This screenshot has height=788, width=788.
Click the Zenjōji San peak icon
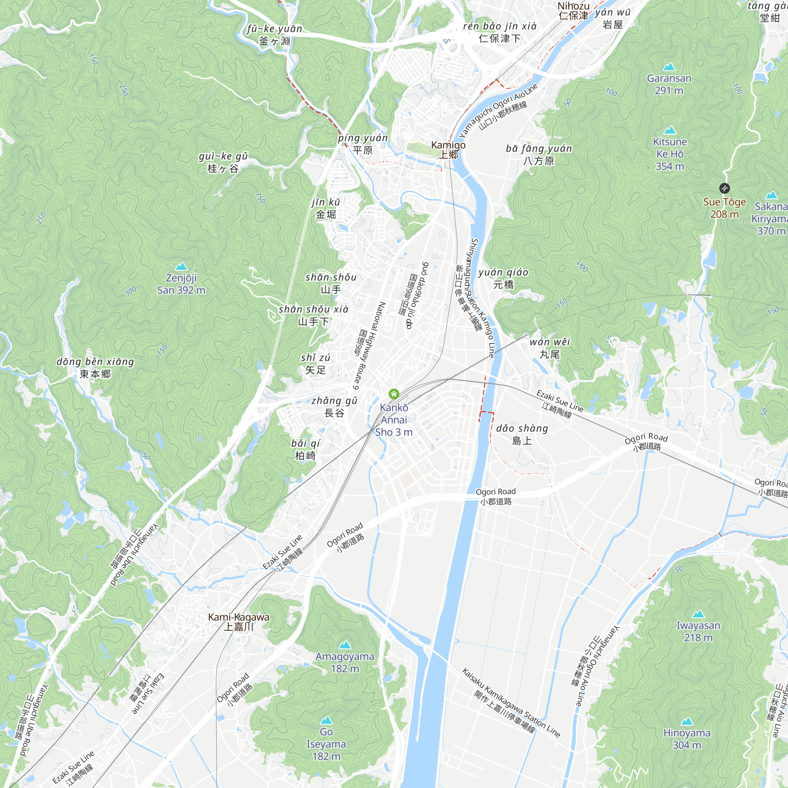181,267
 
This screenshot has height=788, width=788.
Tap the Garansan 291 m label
669,84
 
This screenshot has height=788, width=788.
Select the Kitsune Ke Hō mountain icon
670,130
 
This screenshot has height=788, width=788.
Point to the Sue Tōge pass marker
725,188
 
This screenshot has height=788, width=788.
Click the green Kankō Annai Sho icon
394,394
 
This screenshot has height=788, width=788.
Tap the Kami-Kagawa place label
239,622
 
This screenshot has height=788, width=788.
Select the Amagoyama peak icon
345,645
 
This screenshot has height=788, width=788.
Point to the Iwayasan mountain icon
698,614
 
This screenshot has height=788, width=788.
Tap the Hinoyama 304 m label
687,739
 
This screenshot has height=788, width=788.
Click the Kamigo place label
448,149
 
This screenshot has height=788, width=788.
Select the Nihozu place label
573,11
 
